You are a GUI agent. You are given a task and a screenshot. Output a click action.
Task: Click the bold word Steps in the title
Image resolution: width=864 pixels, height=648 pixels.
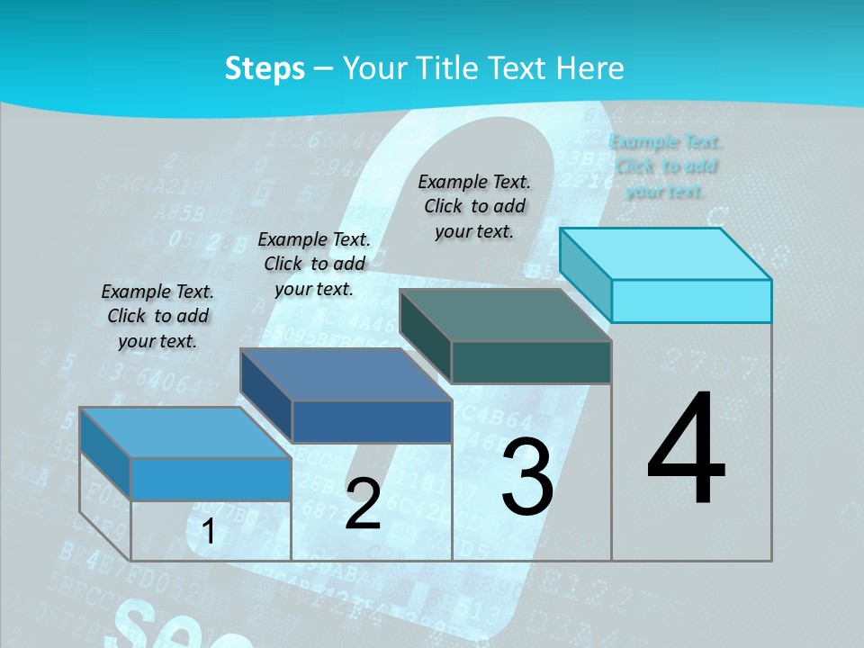pos(265,69)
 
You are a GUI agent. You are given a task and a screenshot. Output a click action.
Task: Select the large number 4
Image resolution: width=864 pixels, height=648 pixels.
pos(686,450)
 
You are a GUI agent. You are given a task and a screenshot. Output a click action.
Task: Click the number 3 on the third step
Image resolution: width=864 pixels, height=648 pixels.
pos(526,477)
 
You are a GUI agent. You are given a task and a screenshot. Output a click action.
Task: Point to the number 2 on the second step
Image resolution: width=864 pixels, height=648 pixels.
pos(363,504)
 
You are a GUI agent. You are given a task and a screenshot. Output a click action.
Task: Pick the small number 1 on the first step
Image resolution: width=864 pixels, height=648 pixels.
pos(209,532)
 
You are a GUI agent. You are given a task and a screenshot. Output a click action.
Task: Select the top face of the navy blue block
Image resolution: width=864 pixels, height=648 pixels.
pos(346,374)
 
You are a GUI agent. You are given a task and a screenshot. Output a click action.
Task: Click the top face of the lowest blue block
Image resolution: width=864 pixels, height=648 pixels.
pos(185,433)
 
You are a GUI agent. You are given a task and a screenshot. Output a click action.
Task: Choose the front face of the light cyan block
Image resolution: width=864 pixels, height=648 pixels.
pos(691,301)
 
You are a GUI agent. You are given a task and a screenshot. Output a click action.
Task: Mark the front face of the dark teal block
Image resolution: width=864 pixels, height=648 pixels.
pos(531,362)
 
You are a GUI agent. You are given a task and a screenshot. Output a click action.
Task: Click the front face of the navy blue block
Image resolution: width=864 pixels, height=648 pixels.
pos(372,421)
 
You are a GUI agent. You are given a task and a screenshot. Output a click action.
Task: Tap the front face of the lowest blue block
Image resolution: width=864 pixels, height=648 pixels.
pos(211,479)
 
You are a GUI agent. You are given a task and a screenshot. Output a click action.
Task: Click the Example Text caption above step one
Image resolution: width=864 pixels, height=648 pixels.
pos(157,316)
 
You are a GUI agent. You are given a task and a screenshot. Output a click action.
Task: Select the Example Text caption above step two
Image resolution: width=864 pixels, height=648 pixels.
pos(314,264)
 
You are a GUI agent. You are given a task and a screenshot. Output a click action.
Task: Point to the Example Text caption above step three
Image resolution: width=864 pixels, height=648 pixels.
pos(474,206)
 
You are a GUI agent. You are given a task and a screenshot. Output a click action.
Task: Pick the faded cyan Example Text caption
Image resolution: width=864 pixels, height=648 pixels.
pos(666,166)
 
